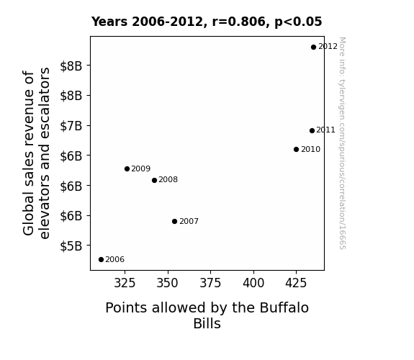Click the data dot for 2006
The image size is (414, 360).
tap(101, 260)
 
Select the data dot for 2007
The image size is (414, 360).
tap(174, 221)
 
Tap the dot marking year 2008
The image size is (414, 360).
tap(155, 181)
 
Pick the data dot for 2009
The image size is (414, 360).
tap(127, 168)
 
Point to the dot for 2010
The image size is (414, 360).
tap(296, 150)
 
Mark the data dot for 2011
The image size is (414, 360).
tap(312, 130)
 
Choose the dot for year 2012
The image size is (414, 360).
tap(313, 48)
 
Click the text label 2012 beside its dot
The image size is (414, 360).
tap(328, 47)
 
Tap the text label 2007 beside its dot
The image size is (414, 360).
tap(189, 221)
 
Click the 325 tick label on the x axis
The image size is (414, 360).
tap(125, 283)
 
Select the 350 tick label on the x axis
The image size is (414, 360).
tap(167, 283)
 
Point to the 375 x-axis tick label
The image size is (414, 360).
tap(210, 283)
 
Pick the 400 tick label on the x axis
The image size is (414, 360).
tap(253, 283)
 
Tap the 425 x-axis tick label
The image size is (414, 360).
tap(296, 283)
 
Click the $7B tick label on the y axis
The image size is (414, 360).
tap(71, 126)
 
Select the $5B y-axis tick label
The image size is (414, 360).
tap(71, 246)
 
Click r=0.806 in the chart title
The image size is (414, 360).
tap(239, 22)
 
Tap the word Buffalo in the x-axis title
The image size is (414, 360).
tap(284, 307)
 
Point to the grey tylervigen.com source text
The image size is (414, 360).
tap(342, 143)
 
